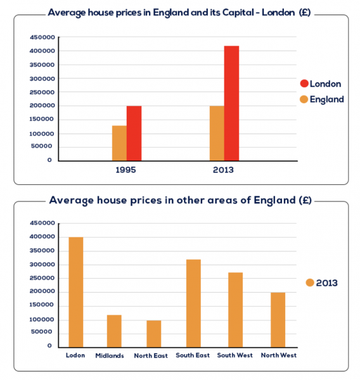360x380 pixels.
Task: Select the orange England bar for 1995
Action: [119, 142]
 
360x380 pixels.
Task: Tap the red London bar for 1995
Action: [134, 133]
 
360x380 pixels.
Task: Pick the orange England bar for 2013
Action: [216, 133]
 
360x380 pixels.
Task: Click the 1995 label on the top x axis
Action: [126, 170]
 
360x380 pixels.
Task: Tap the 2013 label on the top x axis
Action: [224, 170]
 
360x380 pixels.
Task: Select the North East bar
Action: [154, 333]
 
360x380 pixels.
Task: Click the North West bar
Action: [278, 319]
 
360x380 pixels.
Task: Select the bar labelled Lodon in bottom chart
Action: [75, 291]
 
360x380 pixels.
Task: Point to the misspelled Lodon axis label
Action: [75, 355]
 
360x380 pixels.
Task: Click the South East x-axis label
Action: [193, 355]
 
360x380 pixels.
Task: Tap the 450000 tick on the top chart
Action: [41, 37]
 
